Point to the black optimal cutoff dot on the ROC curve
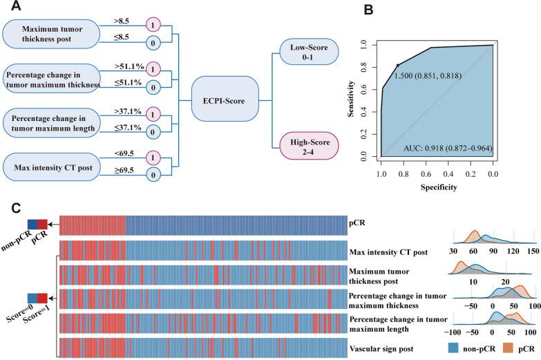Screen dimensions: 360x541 click(x=397, y=65)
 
